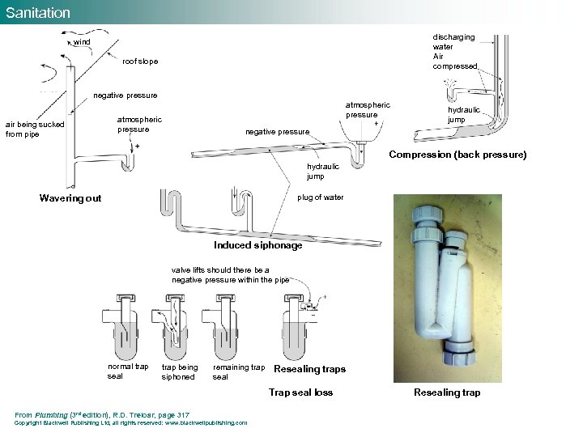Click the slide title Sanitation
(x=38, y=13)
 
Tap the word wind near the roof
(x=83, y=41)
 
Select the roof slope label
(x=141, y=62)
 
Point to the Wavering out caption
(x=70, y=198)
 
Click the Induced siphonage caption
(x=257, y=245)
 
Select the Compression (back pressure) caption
(x=457, y=154)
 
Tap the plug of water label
(x=320, y=197)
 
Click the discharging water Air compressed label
(x=454, y=51)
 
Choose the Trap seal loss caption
(x=300, y=392)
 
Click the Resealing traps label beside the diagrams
(x=310, y=369)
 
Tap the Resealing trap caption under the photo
(x=447, y=392)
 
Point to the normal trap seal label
(x=128, y=371)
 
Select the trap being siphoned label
(x=180, y=371)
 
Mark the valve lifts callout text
(x=230, y=274)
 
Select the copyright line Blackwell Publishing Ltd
(x=131, y=422)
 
